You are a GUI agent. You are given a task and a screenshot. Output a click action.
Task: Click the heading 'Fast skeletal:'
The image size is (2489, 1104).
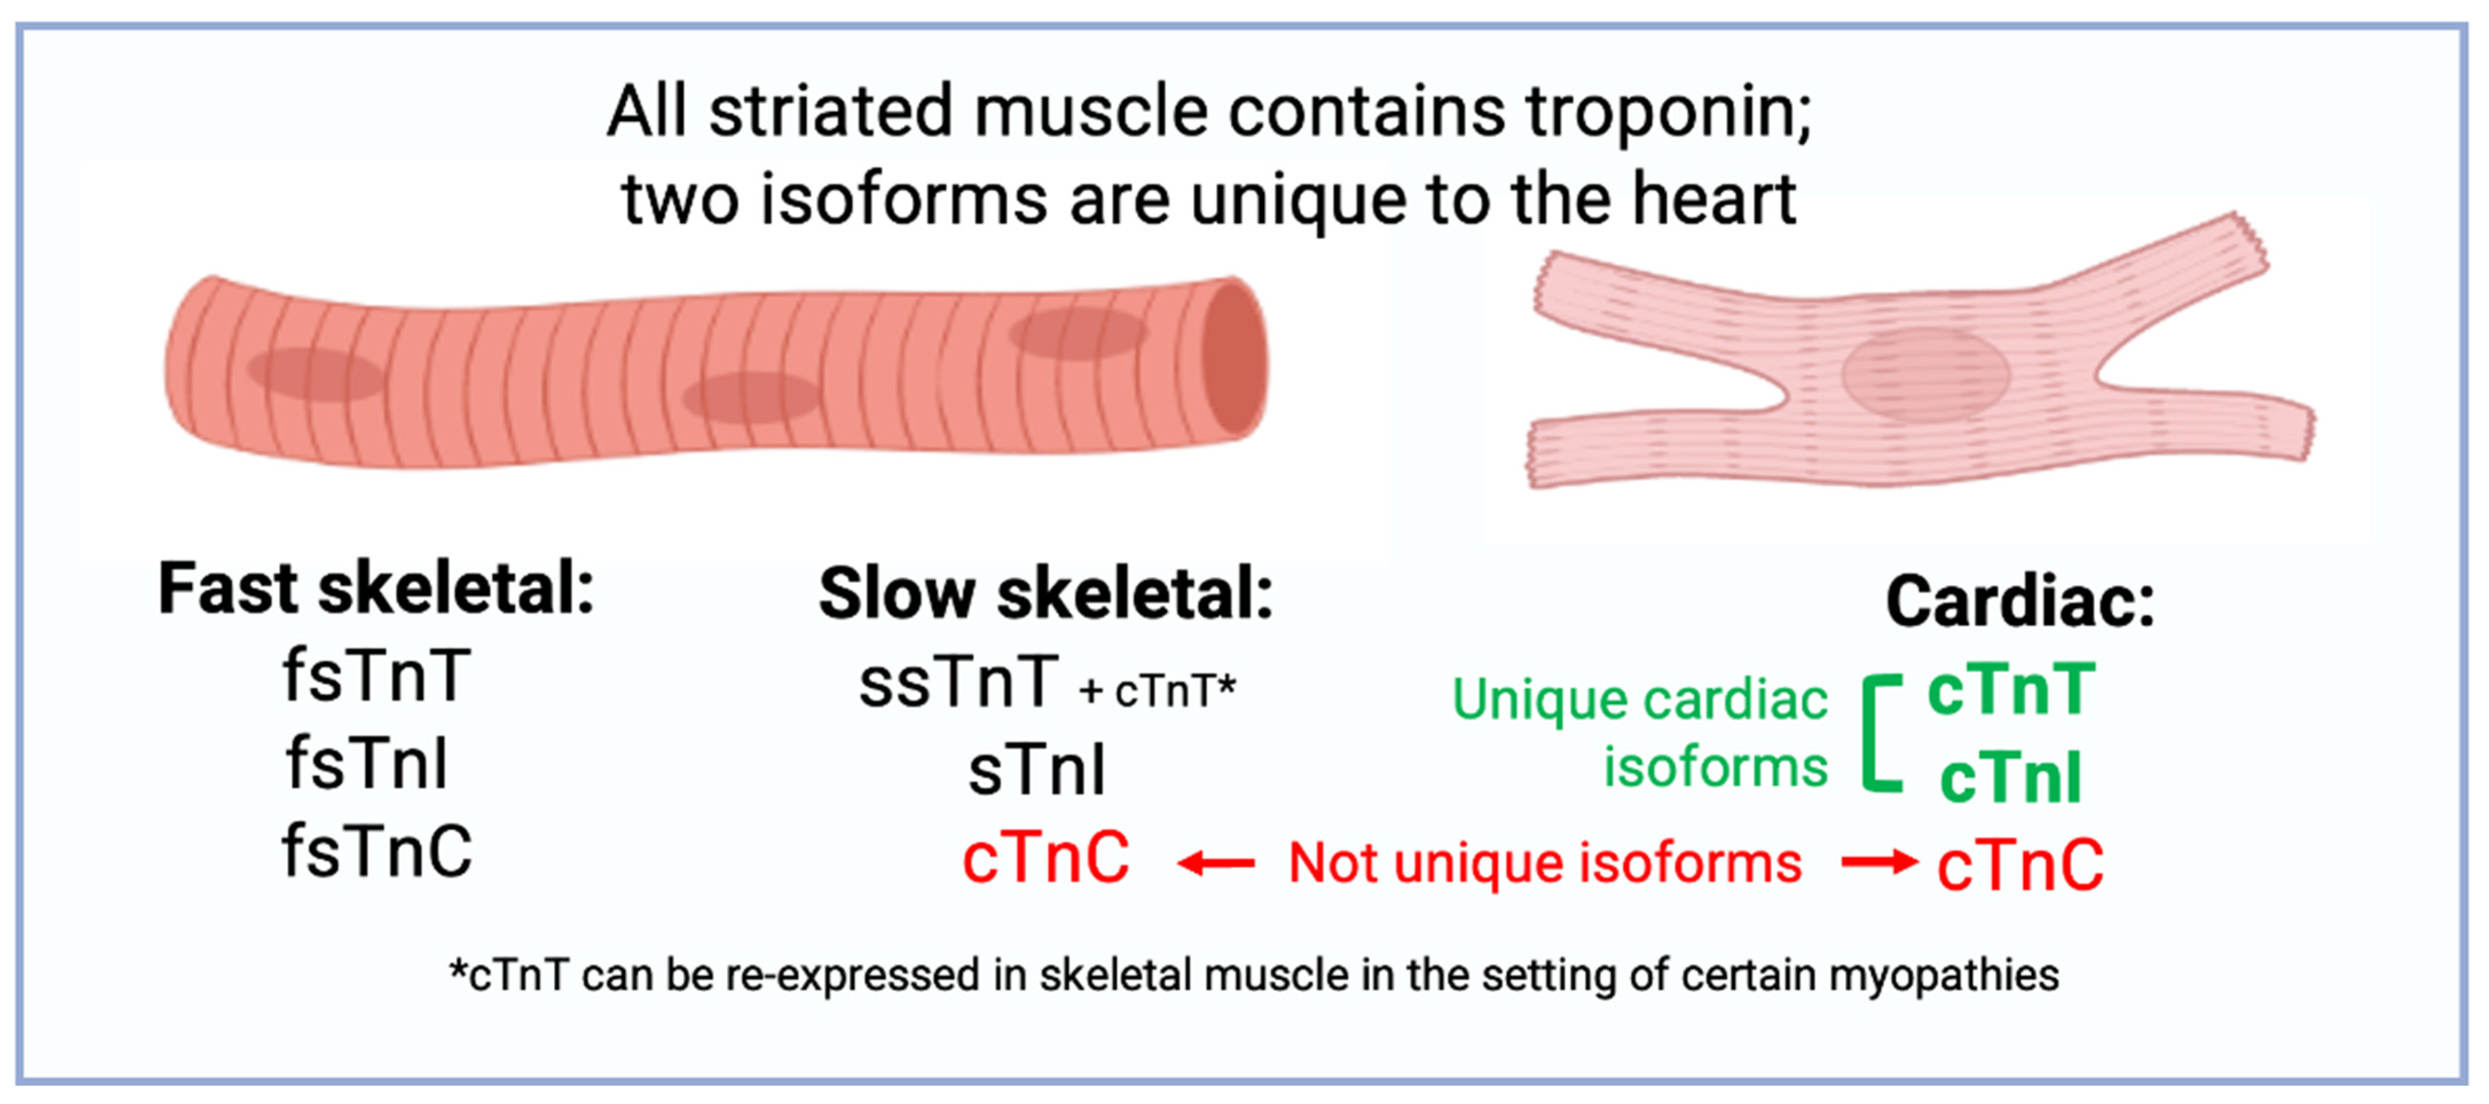(x=375, y=589)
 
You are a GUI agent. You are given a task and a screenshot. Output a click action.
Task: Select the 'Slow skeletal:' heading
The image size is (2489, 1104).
(x=1045, y=594)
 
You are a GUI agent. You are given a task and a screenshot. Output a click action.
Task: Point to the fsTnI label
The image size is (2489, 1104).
(x=367, y=764)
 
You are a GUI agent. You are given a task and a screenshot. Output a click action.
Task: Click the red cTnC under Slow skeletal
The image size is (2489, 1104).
(x=1045, y=858)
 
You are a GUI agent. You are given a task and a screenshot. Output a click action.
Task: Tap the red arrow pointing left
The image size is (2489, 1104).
(x=1215, y=862)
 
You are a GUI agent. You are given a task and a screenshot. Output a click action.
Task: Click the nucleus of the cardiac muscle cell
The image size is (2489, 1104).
(x=1925, y=374)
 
